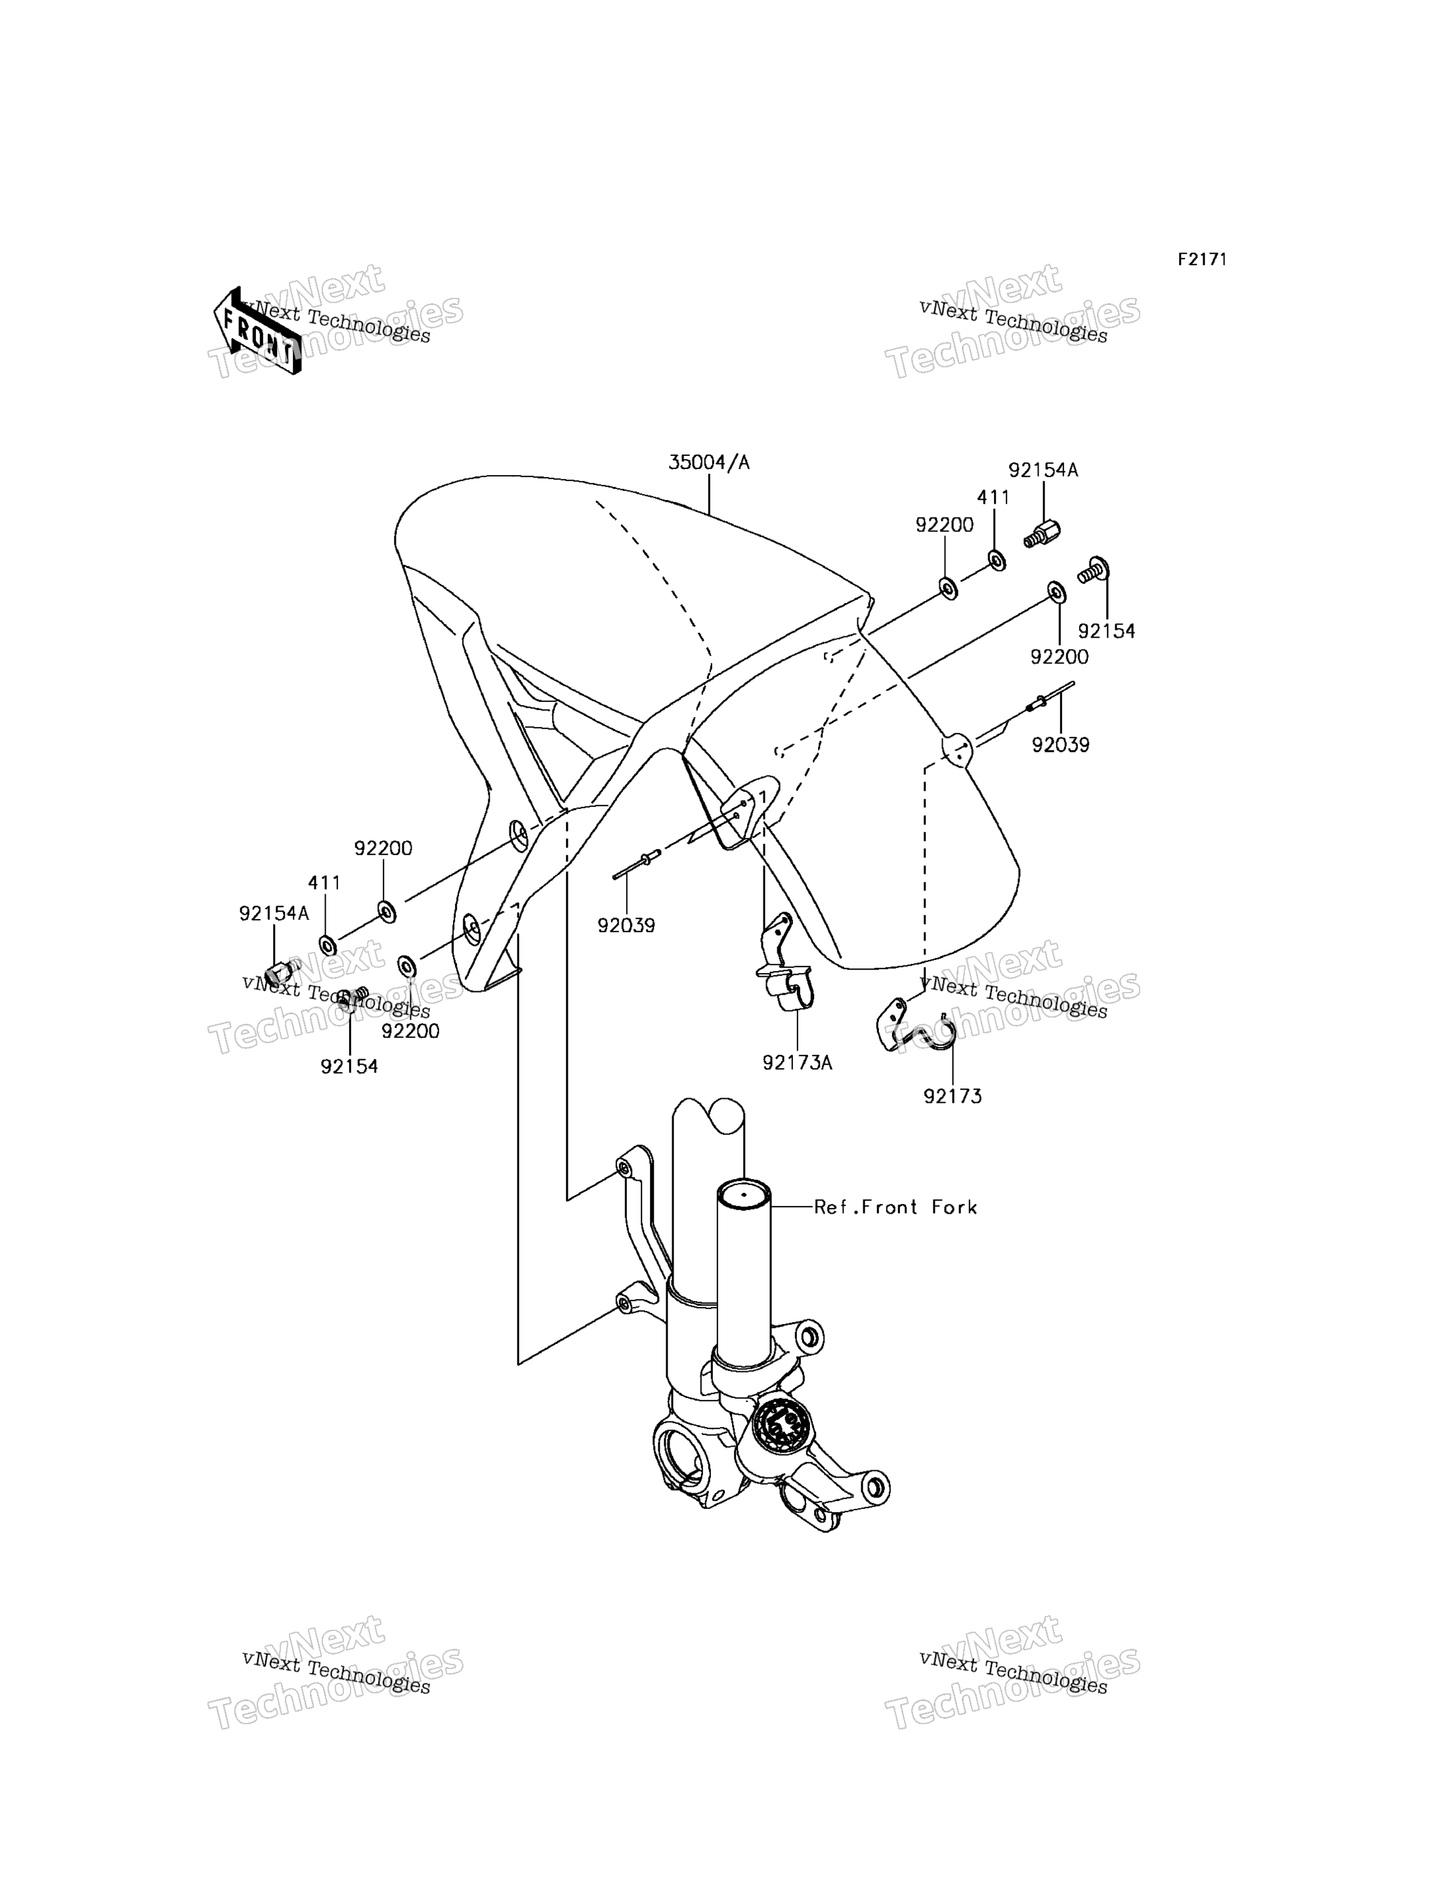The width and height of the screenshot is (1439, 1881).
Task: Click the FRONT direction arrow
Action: click(257, 331)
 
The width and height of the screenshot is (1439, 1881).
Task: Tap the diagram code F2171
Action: click(1202, 259)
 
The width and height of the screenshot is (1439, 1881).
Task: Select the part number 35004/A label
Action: click(708, 463)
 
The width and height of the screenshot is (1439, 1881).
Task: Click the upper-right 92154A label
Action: click(1042, 470)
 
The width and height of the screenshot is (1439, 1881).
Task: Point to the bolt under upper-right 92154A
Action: click(1042, 534)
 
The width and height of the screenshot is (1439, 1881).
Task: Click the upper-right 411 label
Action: click(994, 497)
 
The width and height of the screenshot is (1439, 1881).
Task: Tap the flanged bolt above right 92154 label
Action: click(1094, 570)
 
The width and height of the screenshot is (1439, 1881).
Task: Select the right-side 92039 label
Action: click(1060, 745)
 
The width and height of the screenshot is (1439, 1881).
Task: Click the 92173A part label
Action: click(798, 1062)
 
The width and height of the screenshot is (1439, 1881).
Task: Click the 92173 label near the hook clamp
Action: click(953, 1096)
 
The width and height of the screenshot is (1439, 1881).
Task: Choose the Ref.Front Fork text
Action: click(895, 1207)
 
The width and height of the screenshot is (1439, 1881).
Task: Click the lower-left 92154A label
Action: click(274, 913)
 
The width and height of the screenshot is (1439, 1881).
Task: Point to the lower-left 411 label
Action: click(325, 882)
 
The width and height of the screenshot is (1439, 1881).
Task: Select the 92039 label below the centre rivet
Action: click(626, 926)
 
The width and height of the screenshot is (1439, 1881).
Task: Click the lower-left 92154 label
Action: click(349, 1067)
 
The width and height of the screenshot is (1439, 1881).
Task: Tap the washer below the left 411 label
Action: click(327, 945)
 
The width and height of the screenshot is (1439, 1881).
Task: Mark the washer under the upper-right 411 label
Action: click(997, 561)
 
